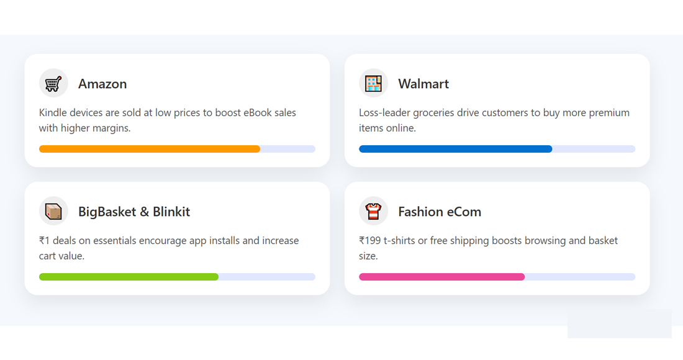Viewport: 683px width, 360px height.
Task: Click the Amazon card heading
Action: (x=102, y=84)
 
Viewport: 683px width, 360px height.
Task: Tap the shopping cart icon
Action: (x=53, y=83)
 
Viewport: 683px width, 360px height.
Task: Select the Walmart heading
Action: (x=423, y=84)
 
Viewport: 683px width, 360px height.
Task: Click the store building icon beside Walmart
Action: (x=373, y=83)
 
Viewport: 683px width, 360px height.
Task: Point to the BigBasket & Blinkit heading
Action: (x=134, y=212)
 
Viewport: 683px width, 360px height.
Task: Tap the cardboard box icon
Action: (x=53, y=211)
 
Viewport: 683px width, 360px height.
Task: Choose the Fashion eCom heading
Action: (x=440, y=212)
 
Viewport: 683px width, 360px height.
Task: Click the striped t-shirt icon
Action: (x=373, y=211)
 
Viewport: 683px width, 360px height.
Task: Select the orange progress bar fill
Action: (x=149, y=149)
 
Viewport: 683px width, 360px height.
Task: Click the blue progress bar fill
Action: (x=455, y=149)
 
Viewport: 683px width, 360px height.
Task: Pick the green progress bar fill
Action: (x=129, y=277)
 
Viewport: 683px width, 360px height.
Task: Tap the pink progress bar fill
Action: (x=441, y=277)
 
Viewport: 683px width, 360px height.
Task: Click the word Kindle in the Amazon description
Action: (x=53, y=113)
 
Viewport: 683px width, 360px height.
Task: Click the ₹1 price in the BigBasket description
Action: (x=45, y=241)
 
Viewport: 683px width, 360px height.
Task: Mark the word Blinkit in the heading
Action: (x=171, y=212)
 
